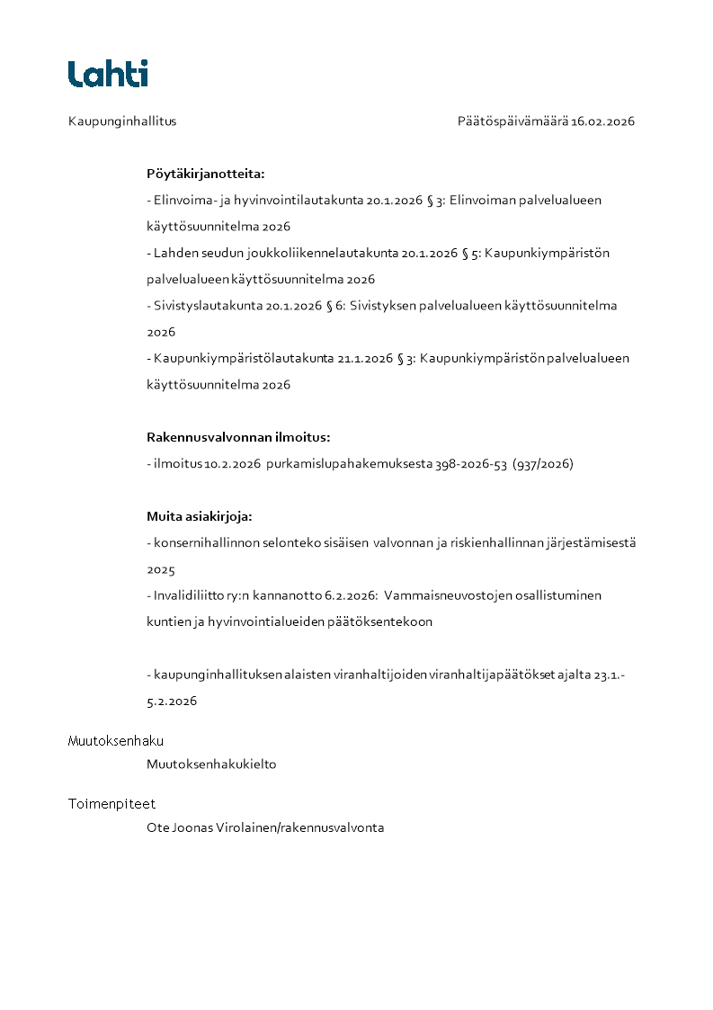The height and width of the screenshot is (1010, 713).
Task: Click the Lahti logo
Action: pyautogui.click(x=108, y=74)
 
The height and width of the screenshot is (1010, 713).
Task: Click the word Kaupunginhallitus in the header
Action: pyautogui.click(x=122, y=121)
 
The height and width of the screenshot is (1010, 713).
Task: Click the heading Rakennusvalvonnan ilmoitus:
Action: pyautogui.click(x=238, y=437)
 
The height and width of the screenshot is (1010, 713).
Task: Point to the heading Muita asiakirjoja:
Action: pyautogui.click(x=200, y=516)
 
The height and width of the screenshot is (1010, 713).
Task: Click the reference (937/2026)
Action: pyautogui.click(x=543, y=464)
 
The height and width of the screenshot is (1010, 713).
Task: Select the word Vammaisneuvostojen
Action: pyautogui.click(x=454, y=595)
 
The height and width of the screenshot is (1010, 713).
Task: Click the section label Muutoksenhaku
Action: pyautogui.click(x=116, y=741)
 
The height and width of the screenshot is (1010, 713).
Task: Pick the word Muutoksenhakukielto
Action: pyautogui.click(x=211, y=764)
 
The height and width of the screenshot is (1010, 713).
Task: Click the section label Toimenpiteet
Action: pyautogui.click(x=111, y=804)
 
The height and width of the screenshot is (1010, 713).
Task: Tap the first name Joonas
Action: pyautogui.click(x=192, y=827)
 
